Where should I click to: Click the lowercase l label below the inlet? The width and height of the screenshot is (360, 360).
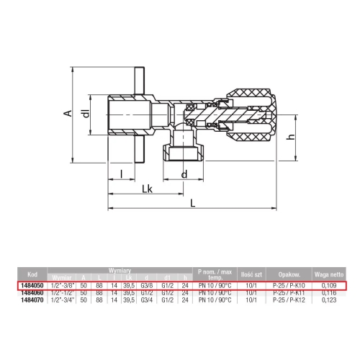pos(123,174)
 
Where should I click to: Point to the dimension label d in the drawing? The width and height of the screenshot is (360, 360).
pos(185,174)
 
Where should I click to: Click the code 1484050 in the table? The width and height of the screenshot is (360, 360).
pos(32,286)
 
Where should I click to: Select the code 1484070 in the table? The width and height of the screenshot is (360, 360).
pos(32,298)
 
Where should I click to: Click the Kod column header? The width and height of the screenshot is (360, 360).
pos(32,274)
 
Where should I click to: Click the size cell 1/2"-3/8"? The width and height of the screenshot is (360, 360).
pos(61,286)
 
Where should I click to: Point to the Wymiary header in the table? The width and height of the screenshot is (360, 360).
pos(119,269)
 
